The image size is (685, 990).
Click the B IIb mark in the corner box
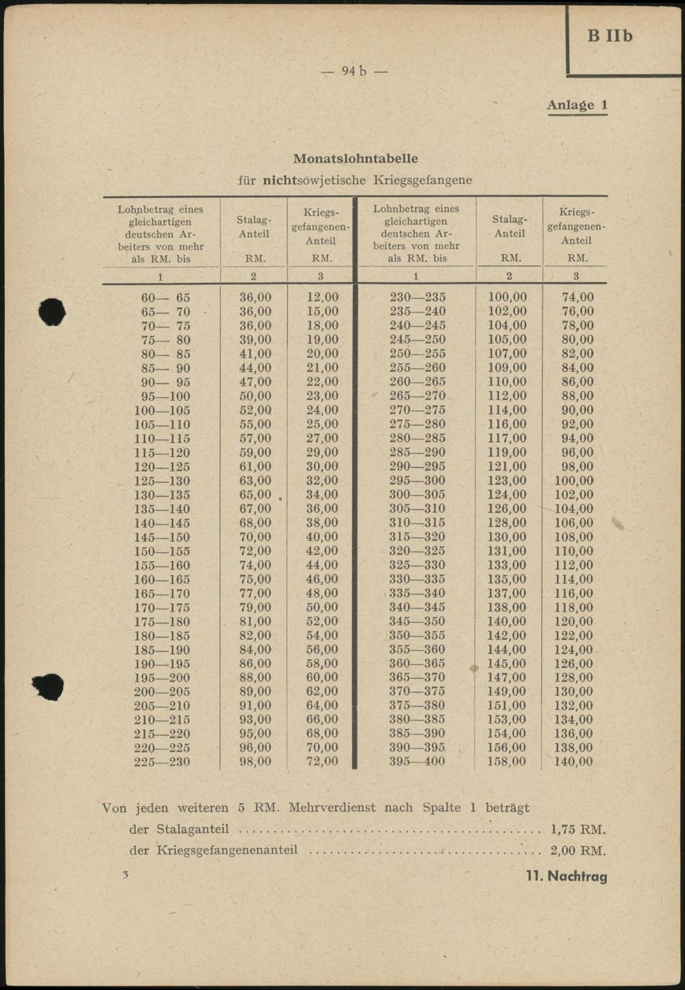610,36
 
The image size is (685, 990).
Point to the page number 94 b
354,71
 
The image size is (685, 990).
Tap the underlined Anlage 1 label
577,105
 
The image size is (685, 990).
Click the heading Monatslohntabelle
355,158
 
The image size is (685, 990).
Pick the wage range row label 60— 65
165,298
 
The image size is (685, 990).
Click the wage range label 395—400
416,761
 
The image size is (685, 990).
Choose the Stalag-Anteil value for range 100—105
255,410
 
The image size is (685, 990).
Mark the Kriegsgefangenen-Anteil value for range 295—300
573,480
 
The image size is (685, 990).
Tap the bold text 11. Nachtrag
566,876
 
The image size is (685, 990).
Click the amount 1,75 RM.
577,830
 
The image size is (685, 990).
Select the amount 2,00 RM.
577,851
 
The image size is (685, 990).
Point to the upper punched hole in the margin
51,312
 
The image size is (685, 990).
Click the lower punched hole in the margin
49,686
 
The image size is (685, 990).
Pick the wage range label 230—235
416,297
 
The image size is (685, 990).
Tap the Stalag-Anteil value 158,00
507,761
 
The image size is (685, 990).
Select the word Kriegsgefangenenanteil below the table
227,851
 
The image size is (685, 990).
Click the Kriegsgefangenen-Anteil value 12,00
322,297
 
